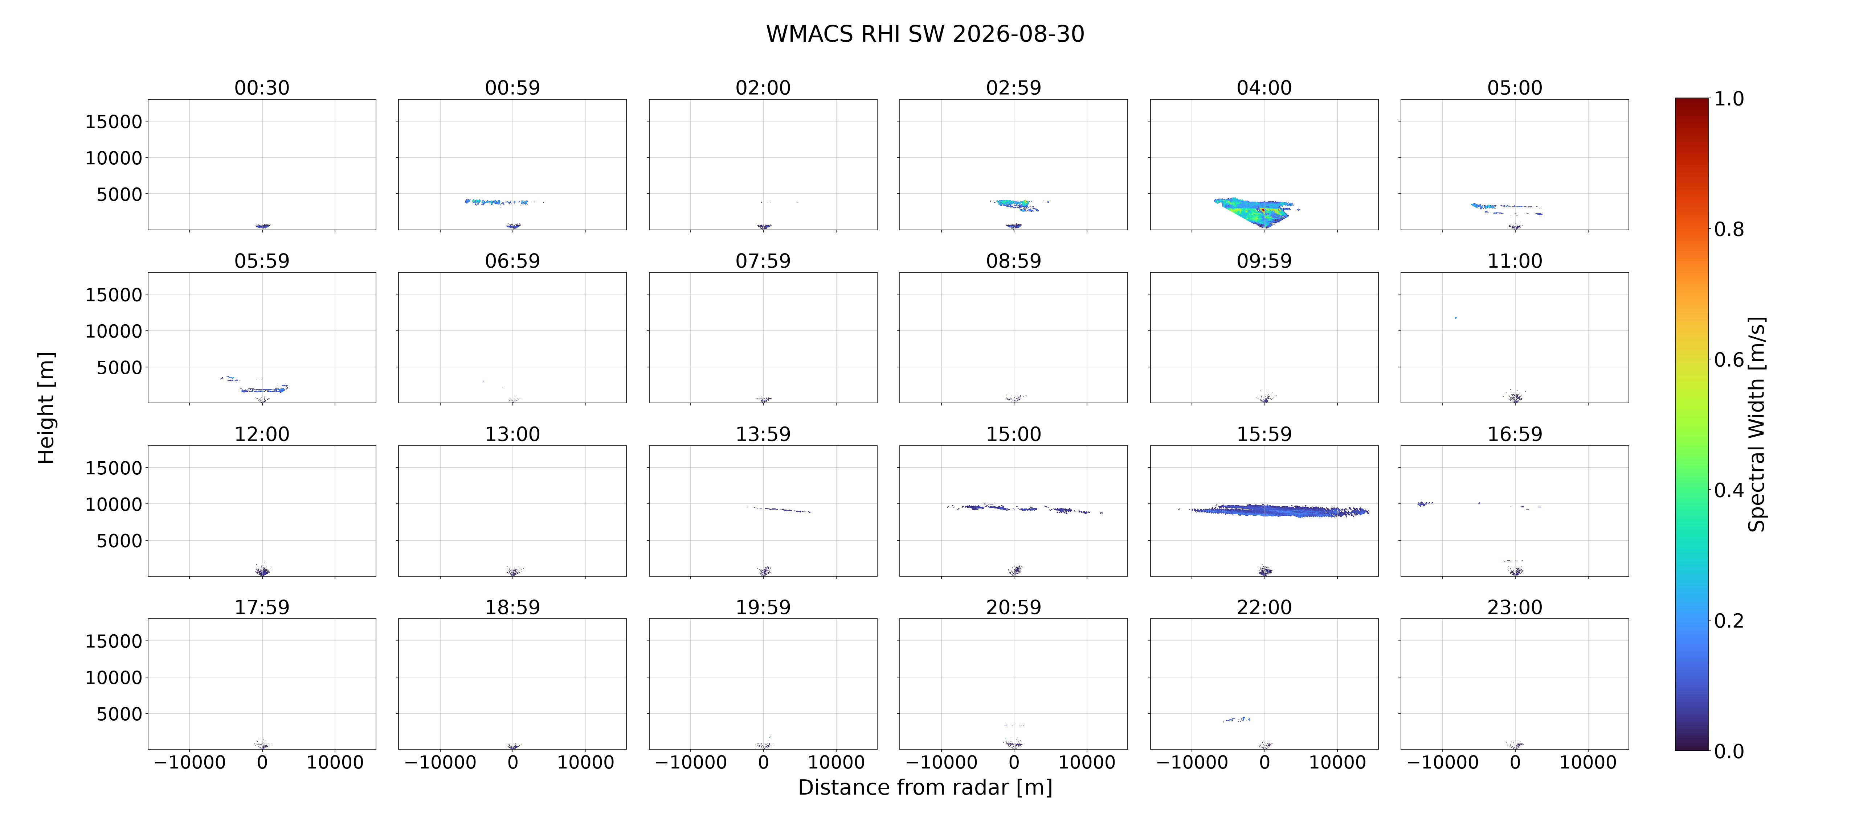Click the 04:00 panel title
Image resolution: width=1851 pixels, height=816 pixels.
1264,88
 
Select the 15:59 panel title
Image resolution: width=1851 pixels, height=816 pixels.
1264,434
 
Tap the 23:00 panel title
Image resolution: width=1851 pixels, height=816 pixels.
1515,607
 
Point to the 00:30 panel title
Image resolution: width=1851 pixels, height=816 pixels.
262,88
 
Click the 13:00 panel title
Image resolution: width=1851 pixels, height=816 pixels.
512,434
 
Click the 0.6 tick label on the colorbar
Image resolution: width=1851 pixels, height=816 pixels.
1729,360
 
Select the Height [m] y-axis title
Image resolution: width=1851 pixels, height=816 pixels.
46,408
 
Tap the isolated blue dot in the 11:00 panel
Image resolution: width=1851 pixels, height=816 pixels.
1456,317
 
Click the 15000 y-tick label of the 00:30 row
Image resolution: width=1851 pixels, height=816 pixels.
114,122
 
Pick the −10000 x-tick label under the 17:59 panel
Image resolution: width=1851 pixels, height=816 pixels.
190,763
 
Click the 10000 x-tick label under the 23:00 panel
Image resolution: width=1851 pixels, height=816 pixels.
1588,763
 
